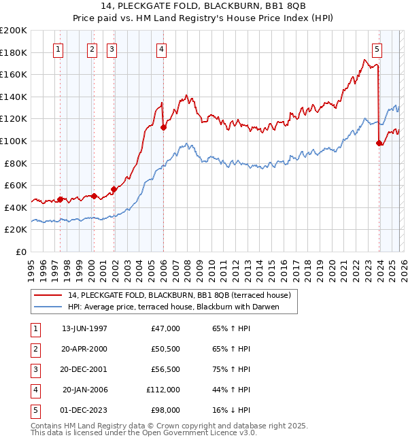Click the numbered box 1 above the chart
pyautogui.click(x=58, y=49)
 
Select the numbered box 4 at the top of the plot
pyautogui.click(x=161, y=49)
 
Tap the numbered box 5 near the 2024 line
pyautogui.click(x=377, y=49)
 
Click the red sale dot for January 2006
pyautogui.click(x=163, y=127)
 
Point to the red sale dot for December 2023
pyautogui.click(x=379, y=143)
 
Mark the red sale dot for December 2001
pyautogui.click(x=114, y=189)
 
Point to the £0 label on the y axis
pyautogui.click(x=22, y=252)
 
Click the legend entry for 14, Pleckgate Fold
pyautogui.click(x=179, y=295)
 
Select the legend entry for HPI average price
pyautogui.click(x=182, y=307)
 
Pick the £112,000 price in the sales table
pyautogui.click(x=163, y=390)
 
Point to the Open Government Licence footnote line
pyautogui.click(x=143, y=432)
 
